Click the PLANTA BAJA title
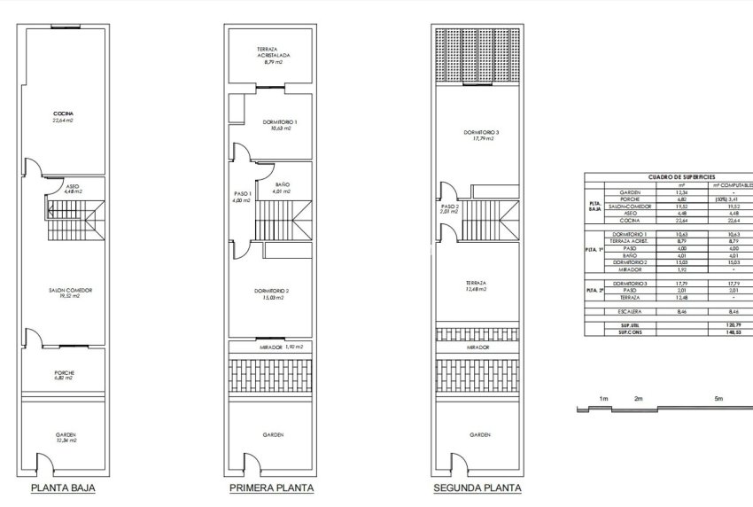[63, 487]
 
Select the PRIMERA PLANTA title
[271, 487]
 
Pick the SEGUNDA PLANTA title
[477, 487]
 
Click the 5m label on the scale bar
[718, 400]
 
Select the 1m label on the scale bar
[602, 400]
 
